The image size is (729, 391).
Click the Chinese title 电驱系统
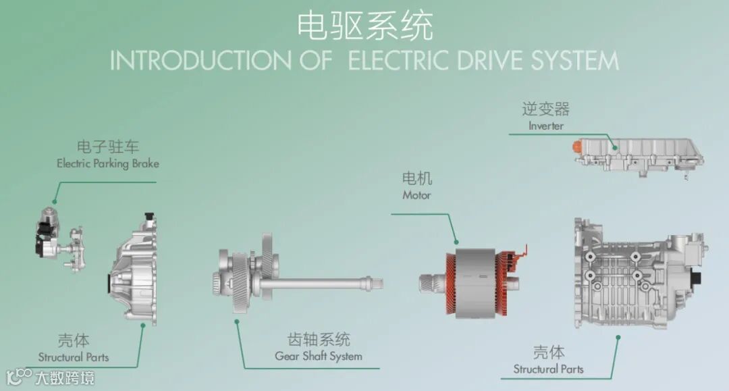coord(364,26)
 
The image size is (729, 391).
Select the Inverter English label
coord(545,126)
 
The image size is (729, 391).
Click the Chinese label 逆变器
coord(545,109)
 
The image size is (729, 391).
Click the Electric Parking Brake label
coord(108,163)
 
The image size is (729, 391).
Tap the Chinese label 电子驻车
coord(108,147)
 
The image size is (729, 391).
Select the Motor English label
coord(416,195)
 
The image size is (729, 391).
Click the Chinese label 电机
coord(417,179)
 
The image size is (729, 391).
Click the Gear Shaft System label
coord(319,356)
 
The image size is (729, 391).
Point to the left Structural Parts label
coord(73,357)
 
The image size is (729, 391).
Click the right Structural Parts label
coord(548,369)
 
